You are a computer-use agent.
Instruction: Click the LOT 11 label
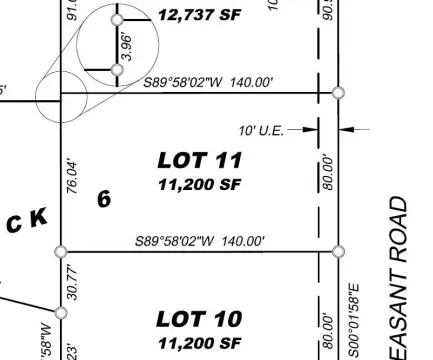coord(200,160)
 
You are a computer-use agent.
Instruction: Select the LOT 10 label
coord(200,319)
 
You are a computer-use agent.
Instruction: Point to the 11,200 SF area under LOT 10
coord(200,342)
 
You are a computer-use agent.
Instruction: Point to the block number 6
coord(103,198)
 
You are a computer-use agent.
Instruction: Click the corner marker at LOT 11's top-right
coord(338,93)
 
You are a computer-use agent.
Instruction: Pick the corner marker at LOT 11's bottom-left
coord(61,251)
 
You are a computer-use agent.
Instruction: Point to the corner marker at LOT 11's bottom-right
coord(338,251)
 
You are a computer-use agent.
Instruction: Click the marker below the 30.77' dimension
coord(61,312)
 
